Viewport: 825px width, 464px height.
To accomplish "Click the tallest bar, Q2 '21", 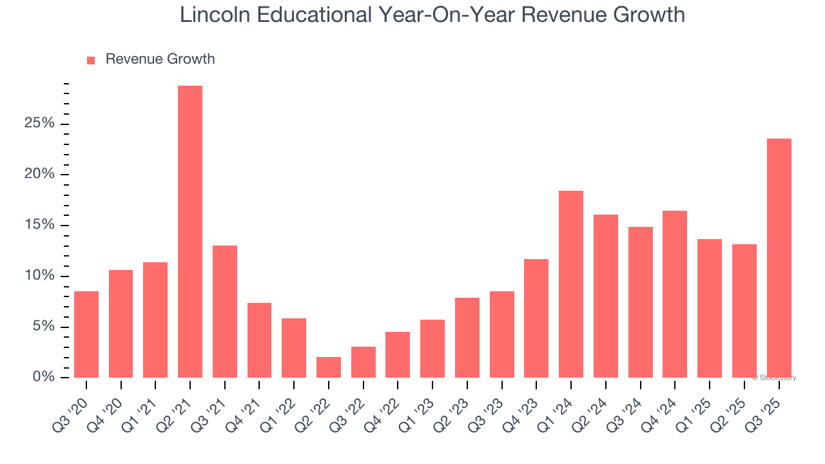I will [x=190, y=232].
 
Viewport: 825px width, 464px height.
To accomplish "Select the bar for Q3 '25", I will [x=779, y=258].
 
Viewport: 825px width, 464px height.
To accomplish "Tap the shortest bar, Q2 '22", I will [x=329, y=367].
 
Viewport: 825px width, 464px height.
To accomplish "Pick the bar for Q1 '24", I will [x=571, y=284].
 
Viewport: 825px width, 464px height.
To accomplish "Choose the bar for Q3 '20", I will [x=86, y=334].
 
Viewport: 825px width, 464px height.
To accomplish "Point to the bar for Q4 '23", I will [x=536, y=318].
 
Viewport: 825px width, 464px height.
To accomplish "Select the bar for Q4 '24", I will [x=675, y=295].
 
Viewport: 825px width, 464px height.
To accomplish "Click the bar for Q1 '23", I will [x=432, y=349].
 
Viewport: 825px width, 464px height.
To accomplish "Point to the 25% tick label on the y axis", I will [x=39, y=124].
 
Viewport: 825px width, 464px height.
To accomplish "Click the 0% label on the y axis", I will [x=44, y=378].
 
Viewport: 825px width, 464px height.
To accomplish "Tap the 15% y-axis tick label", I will [x=39, y=226].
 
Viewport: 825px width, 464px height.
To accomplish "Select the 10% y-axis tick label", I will [x=39, y=276].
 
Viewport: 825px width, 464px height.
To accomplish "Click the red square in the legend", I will [x=91, y=60].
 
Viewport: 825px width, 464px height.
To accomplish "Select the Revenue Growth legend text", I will [x=160, y=59].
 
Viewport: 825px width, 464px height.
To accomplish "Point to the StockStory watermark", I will [x=774, y=378].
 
